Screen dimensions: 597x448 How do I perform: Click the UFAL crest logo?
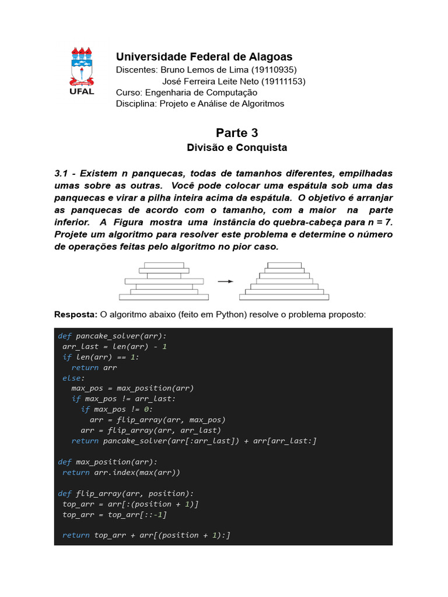click(x=82, y=71)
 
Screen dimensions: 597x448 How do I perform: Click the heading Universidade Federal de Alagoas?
click(x=204, y=57)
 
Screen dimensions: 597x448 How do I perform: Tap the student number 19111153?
click(x=282, y=81)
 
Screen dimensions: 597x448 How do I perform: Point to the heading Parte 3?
click(x=237, y=133)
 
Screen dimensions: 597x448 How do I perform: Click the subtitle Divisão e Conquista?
click(x=237, y=148)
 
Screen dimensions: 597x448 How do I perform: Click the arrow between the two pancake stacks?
click(x=225, y=281)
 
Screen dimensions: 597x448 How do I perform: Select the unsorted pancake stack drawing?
click(x=165, y=281)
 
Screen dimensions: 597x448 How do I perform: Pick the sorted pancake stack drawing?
click(x=284, y=281)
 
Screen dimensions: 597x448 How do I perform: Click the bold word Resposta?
click(x=76, y=315)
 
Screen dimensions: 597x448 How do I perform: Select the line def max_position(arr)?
click(x=108, y=462)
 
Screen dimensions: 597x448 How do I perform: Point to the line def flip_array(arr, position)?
click(x=126, y=493)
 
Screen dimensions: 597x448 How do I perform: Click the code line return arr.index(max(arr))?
click(x=121, y=472)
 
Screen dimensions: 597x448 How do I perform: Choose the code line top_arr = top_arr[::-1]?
click(x=114, y=514)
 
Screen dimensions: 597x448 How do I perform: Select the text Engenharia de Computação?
click(x=201, y=92)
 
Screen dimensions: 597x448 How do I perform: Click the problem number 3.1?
click(x=61, y=174)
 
